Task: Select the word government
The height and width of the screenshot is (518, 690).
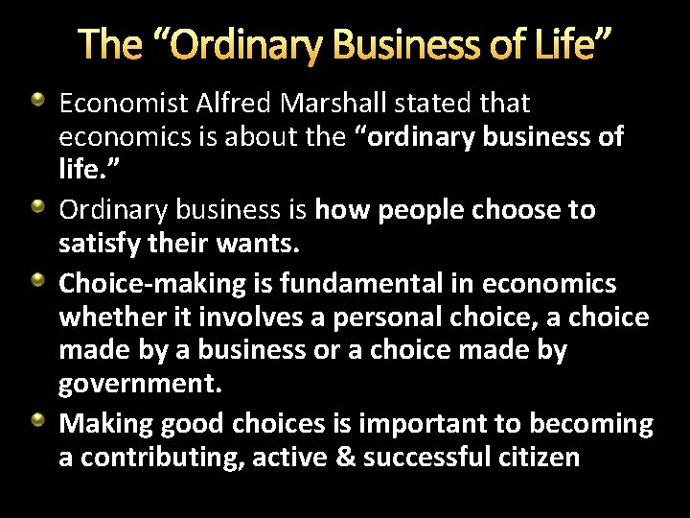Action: coord(140,386)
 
